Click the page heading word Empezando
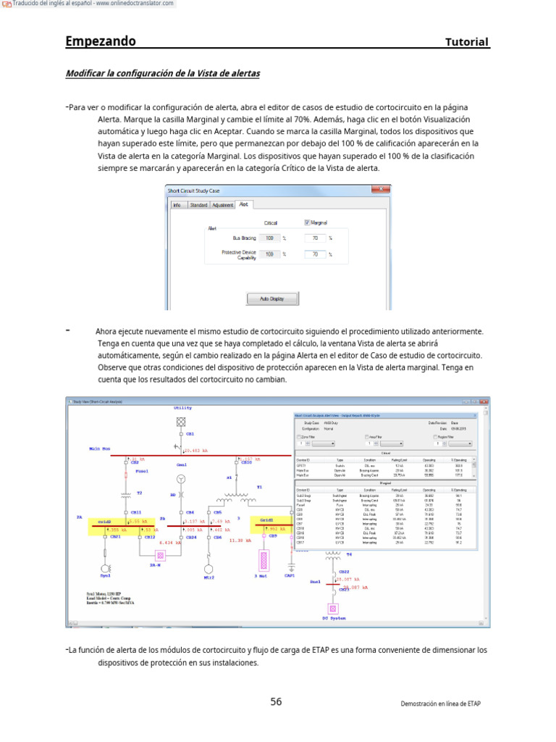pos(101,41)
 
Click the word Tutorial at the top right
pos(467,42)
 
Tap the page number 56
pos(276,701)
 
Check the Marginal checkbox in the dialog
pos(307,222)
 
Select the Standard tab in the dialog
pos(198,205)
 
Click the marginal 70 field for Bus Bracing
pos(316,238)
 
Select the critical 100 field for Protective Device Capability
pos(269,254)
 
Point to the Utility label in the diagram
pos(182,408)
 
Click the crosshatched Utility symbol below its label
pos(182,421)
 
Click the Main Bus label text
pos(100,449)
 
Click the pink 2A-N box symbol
pos(162,556)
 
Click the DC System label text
pos(334,618)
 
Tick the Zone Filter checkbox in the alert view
pos(298,437)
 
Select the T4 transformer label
pos(348,554)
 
